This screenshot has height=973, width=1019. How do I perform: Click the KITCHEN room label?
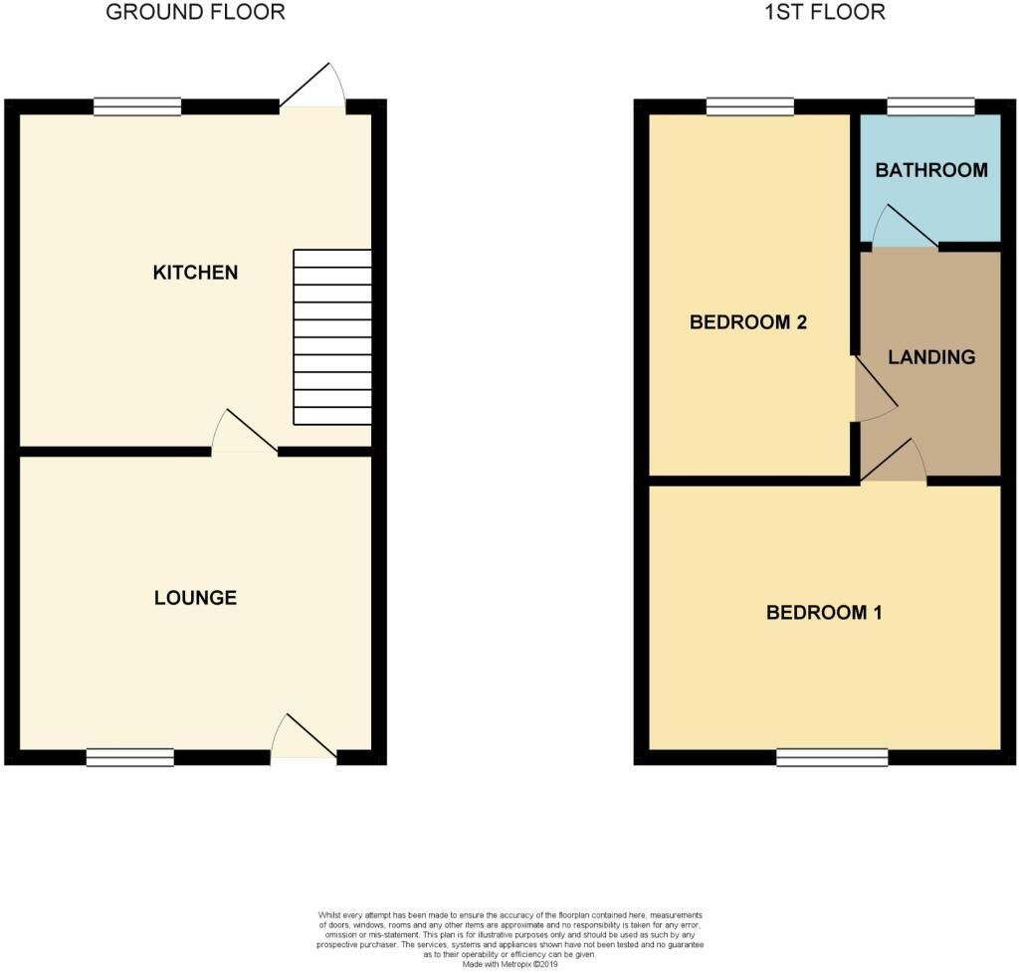195,273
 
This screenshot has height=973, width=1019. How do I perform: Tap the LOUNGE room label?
195,598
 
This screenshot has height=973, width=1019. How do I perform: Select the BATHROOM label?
931,170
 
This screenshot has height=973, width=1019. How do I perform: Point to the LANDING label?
931,356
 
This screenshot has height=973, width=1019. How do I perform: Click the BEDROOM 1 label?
824,613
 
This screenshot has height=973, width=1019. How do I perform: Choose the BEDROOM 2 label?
748,322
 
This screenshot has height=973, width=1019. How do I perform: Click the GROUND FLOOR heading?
195,12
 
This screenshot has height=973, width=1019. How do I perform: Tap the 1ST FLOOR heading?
825,12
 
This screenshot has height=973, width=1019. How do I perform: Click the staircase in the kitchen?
332,337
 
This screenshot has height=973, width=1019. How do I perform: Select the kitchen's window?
137,106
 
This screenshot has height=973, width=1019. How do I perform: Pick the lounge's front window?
130,757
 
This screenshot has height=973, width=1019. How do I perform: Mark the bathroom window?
931,106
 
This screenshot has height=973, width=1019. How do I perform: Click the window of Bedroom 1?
832,757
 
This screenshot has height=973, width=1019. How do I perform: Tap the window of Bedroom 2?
750,106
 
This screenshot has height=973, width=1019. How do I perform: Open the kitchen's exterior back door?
313,87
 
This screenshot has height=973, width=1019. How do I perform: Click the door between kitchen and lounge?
245,430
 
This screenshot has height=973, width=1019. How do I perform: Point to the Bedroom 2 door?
876,388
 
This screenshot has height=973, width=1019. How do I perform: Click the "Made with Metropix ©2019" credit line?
510,965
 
